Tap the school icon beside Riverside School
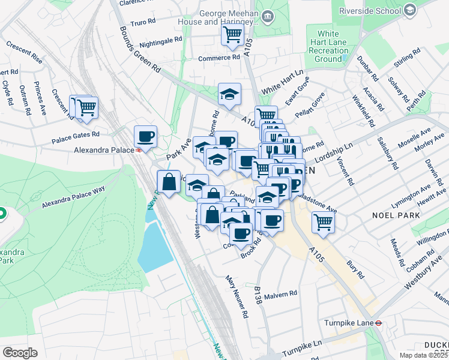point(410,10)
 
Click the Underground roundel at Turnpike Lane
point(379,322)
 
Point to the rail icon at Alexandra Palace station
point(139,151)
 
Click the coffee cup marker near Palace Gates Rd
point(145,135)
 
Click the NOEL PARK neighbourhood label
point(391,215)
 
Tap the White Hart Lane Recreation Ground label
point(328,46)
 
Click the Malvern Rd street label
point(284,294)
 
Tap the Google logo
point(20,353)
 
